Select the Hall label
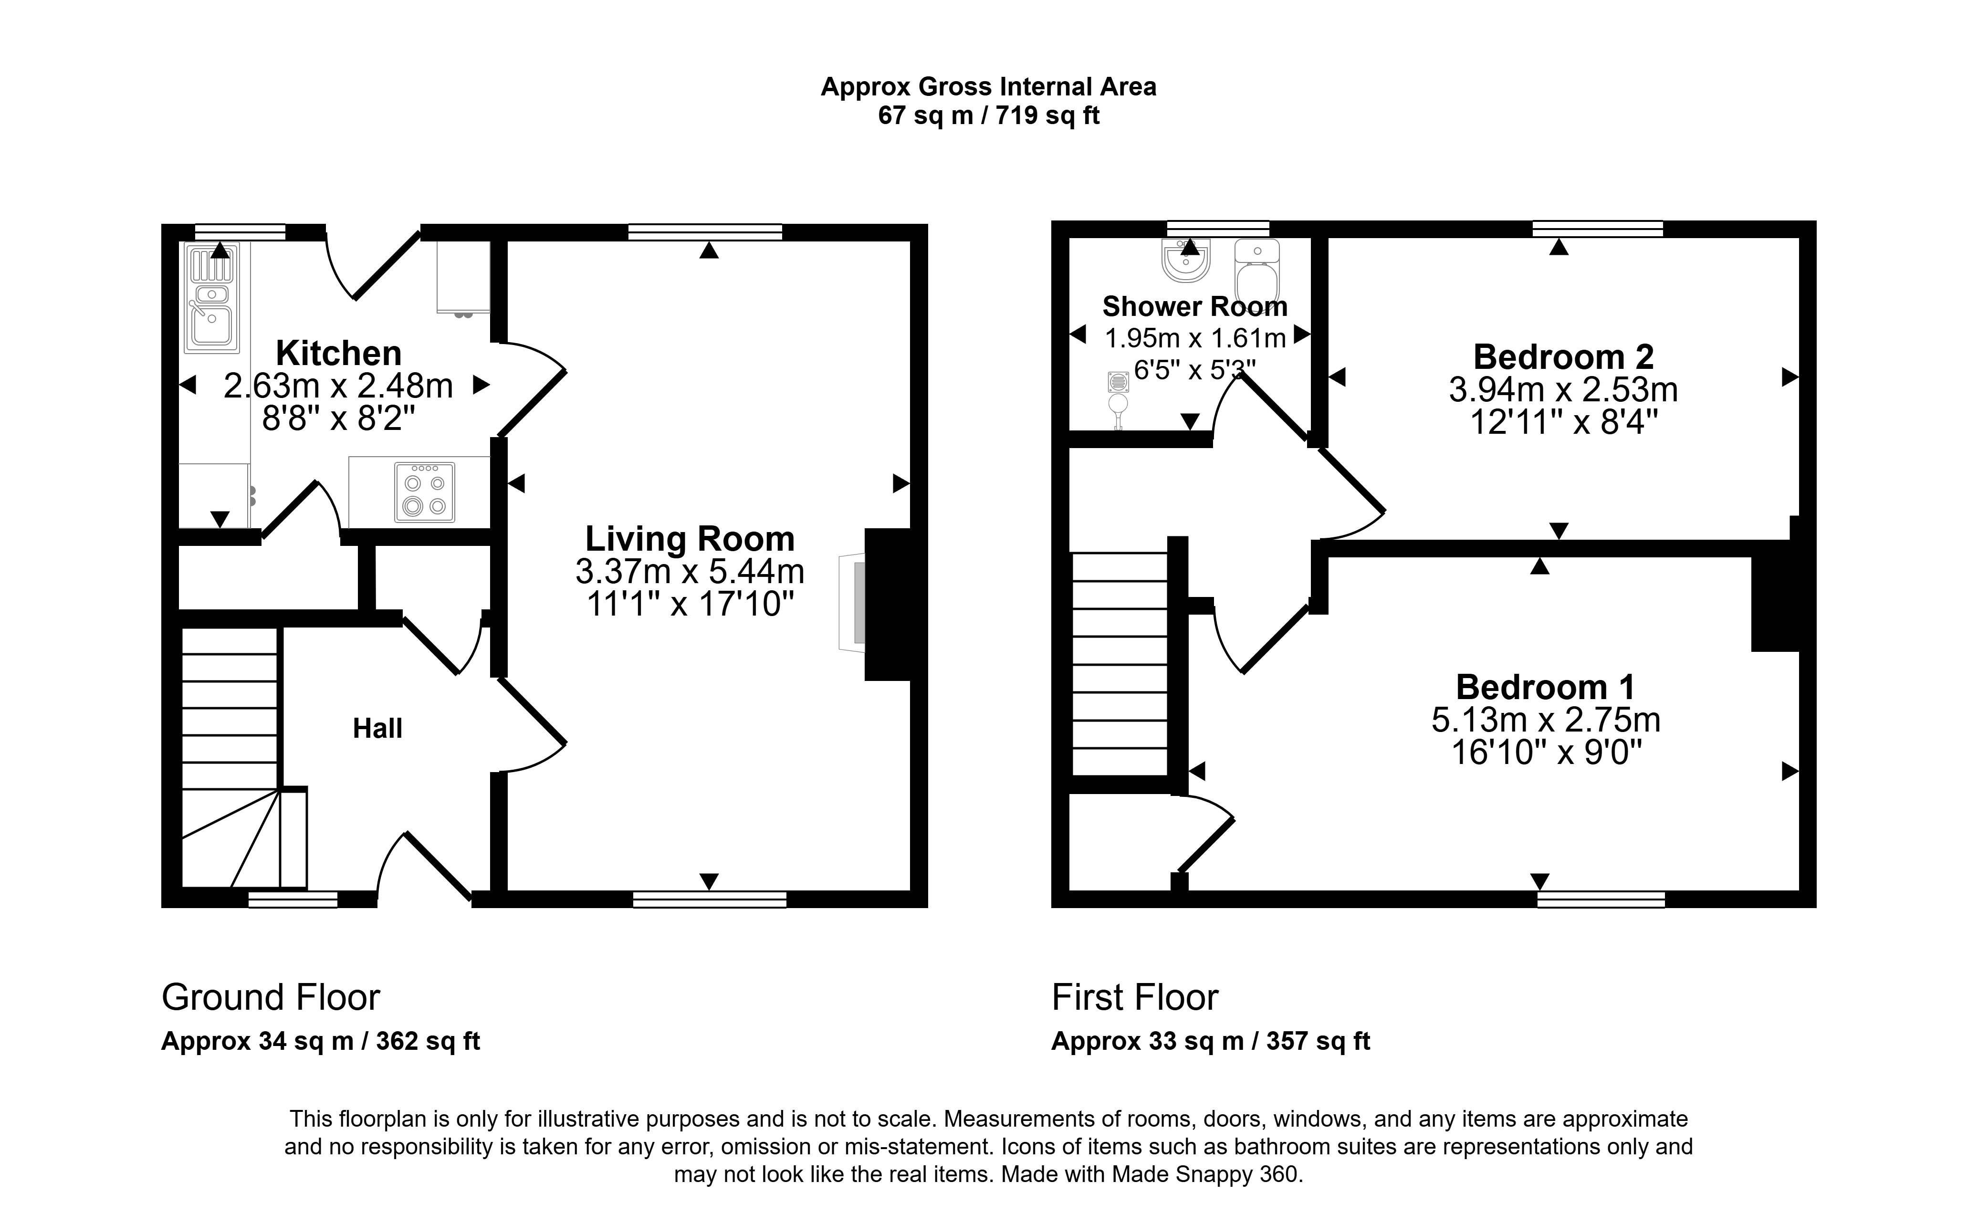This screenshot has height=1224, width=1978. tap(377, 729)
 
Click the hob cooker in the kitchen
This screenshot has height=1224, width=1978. tap(425, 492)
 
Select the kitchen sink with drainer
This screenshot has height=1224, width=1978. tap(212, 298)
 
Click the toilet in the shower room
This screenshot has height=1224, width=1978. tap(1257, 271)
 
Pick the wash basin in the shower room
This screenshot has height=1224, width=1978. tap(1186, 261)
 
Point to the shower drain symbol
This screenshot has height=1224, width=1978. tap(1119, 382)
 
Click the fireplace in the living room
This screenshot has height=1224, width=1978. tap(883, 604)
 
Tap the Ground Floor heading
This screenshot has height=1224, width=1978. tap(270, 997)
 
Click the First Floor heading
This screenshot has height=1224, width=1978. tap(1135, 997)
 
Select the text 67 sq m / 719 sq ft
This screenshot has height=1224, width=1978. tap(988, 116)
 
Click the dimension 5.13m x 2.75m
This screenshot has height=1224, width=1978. tap(1545, 720)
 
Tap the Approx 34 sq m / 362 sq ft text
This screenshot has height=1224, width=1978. tap(321, 1041)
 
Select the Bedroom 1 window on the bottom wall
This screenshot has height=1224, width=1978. tap(1601, 900)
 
